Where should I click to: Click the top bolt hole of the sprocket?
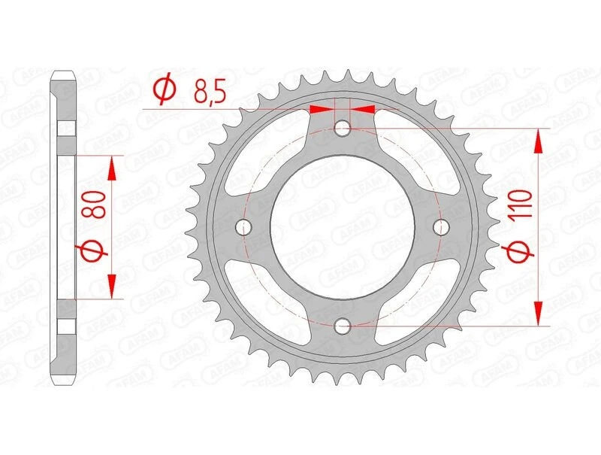click(x=343, y=128)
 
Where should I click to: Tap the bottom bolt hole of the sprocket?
click(x=343, y=326)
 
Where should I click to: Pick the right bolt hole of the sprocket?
click(x=442, y=227)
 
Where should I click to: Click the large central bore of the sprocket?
click(x=343, y=227)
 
